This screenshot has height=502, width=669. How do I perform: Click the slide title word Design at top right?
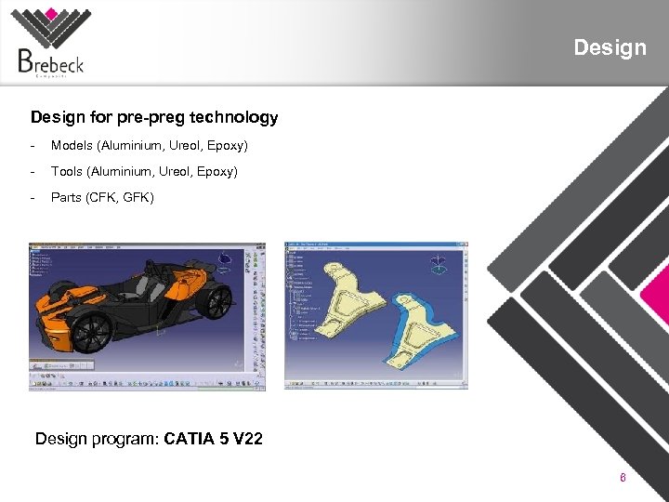coord(610,47)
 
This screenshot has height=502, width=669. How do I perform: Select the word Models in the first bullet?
coord(72,146)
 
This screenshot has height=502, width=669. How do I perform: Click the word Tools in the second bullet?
coord(67,171)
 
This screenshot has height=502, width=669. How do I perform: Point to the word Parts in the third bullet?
coord(66,197)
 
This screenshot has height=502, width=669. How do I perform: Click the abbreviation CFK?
coord(102,197)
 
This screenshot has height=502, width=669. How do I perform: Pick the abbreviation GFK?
coord(136,197)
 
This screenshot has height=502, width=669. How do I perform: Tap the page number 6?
coord(623,478)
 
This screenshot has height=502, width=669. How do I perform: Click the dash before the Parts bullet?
coord(33,197)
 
